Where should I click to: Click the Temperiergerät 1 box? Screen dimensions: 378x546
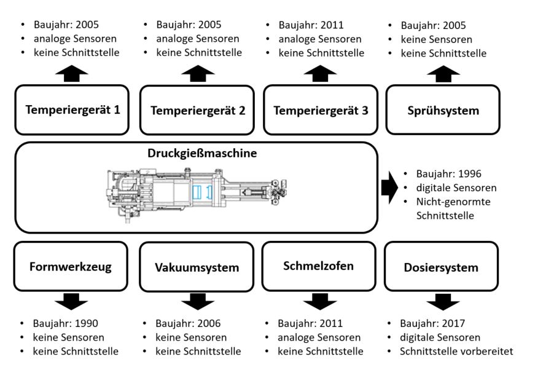click(x=72, y=110)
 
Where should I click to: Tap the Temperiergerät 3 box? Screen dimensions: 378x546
click(x=321, y=111)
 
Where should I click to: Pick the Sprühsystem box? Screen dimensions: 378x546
click(x=443, y=110)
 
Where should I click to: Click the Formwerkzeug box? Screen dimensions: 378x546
click(x=71, y=267)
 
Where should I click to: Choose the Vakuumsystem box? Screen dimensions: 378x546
click(x=197, y=267)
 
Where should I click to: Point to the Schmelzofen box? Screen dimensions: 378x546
click(x=318, y=266)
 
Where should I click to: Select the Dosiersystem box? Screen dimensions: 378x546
click(x=441, y=267)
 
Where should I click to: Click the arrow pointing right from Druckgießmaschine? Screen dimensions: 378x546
click(x=389, y=187)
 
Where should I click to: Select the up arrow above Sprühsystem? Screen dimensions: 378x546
click(x=442, y=74)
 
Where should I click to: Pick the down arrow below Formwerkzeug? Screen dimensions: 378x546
click(x=71, y=301)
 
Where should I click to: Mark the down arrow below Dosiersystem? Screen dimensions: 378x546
click(x=442, y=301)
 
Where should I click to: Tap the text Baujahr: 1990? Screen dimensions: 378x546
click(x=66, y=323)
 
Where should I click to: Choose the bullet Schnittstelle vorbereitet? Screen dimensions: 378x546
click(x=456, y=352)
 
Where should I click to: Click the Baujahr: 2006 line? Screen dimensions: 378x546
click(x=188, y=323)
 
